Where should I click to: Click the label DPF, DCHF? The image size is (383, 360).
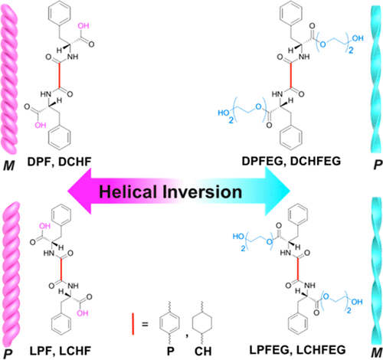tap(59, 162)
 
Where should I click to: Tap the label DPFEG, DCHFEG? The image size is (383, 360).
tap(291, 161)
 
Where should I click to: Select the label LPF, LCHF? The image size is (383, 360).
tap(61, 351)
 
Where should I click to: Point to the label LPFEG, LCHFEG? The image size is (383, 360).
tap(297, 350)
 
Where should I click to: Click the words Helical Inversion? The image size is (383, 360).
tap(170, 192)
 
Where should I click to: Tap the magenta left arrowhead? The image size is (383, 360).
tap(79, 191)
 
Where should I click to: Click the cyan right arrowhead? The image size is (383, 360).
tap(278, 191)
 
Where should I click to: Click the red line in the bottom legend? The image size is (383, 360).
tap(133, 324)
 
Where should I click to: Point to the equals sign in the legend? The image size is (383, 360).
tap(145, 324)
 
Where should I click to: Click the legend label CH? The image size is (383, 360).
tap(203, 352)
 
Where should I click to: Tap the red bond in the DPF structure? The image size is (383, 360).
tap(60, 76)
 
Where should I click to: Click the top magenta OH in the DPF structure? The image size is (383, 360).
tap(83, 26)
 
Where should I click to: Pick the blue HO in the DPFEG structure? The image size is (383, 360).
tap(224, 113)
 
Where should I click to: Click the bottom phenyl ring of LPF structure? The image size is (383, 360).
tap(61, 324)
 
